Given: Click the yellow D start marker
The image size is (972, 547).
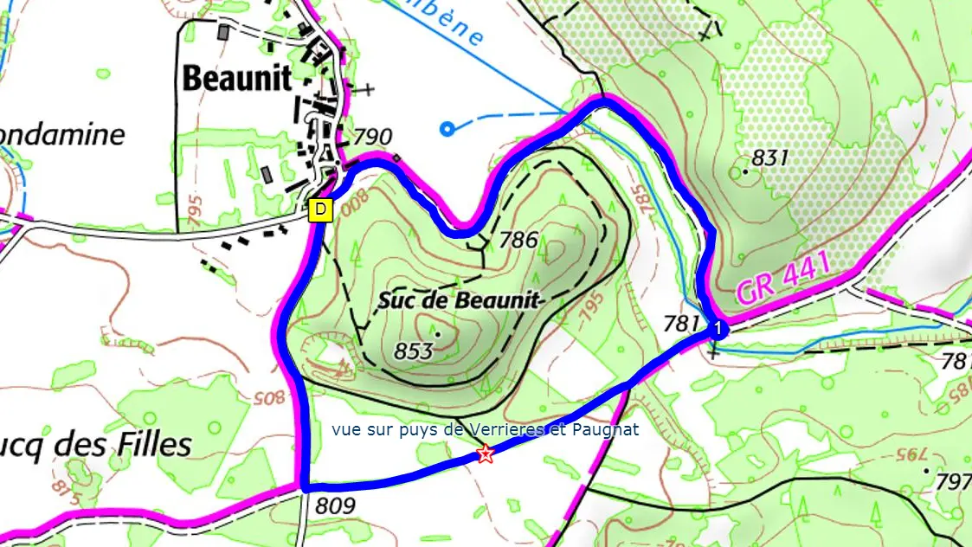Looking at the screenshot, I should pos(320,209).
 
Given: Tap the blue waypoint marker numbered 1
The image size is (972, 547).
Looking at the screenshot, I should pos(717,328).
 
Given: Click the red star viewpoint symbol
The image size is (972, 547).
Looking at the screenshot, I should pos(486,454).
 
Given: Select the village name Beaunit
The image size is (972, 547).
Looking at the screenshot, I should pos(236,79).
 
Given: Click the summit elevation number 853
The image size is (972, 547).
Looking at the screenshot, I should pos(413,351).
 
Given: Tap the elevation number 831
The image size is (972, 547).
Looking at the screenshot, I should pos(770,158).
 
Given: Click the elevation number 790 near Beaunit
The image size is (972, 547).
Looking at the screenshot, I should pos(373,137).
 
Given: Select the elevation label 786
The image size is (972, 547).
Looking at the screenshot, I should pos(520,240).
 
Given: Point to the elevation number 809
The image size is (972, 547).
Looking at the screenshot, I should pos(336,505).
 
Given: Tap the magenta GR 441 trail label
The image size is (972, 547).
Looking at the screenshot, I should pos(783,278).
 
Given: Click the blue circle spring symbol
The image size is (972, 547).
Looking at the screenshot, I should pos(447,130).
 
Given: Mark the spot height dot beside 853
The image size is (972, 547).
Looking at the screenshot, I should pos(438,333).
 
